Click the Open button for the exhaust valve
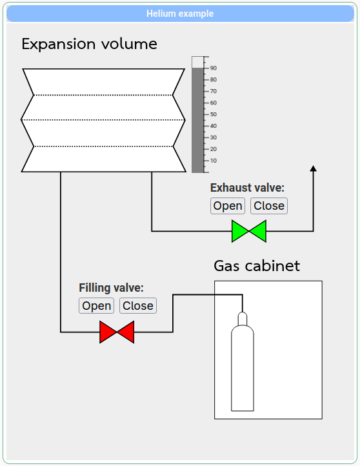tap(228, 206)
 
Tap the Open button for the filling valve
tap(96, 305)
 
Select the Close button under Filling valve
tap(138, 305)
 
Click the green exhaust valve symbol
tap(249, 231)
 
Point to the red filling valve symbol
tap(117, 332)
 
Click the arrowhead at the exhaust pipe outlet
tap(313, 168)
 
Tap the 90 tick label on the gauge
tap(214, 68)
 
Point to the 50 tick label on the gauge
tap(214, 114)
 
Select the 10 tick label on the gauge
tap(214, 161)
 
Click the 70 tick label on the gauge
tap(214, 91)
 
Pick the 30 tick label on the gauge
tap(214, 137)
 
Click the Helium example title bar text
tap(180, 14)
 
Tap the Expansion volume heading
tap(89, 44)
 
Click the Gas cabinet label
tap(257, 266)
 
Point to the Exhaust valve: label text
tap(247, 188)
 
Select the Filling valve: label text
tap(111, 288)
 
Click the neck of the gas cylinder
tap(243, 319)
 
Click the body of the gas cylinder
tap(243, 369)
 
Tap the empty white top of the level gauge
tap(197, 62)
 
